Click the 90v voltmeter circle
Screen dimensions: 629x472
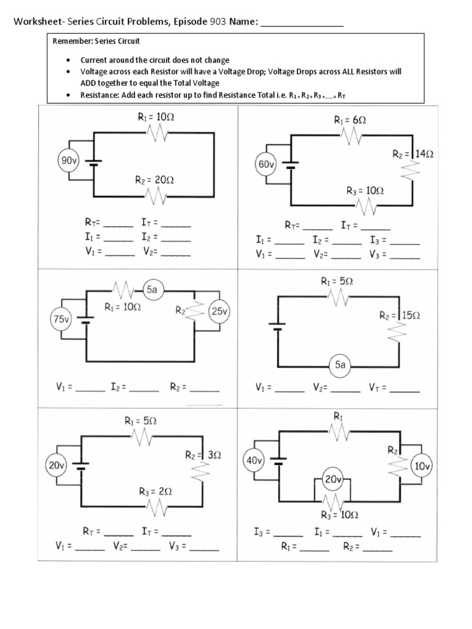tap(67, 162)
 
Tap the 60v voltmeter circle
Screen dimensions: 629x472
tap(267, 165)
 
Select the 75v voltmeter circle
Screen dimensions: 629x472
tap(60, 319)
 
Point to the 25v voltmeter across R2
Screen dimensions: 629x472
tap(219, 311)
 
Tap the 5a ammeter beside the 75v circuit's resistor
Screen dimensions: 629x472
tap(152, 289)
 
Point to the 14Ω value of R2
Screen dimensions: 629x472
tap(423, 155)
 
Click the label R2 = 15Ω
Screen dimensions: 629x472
tap(400, 315)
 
